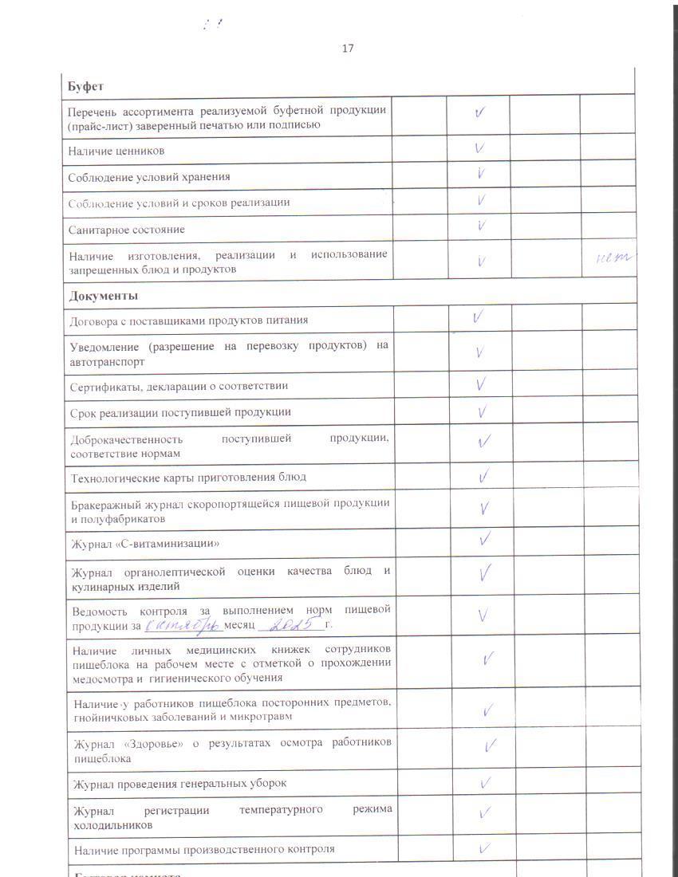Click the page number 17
pos(348,49)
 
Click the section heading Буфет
pos(86,85)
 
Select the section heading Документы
pos(104,296)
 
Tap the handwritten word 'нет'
pos(615,258)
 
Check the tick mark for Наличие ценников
pos(480,148)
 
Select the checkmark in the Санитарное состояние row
pos(481,226)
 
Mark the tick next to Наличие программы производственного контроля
pos(483,848)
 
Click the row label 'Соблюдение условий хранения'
pos(149,177)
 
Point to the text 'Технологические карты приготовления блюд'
pos(188,478)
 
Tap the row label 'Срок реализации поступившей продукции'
pos(180,412)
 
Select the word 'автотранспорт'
pos(107,361)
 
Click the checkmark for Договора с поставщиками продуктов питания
pos(478,317)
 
